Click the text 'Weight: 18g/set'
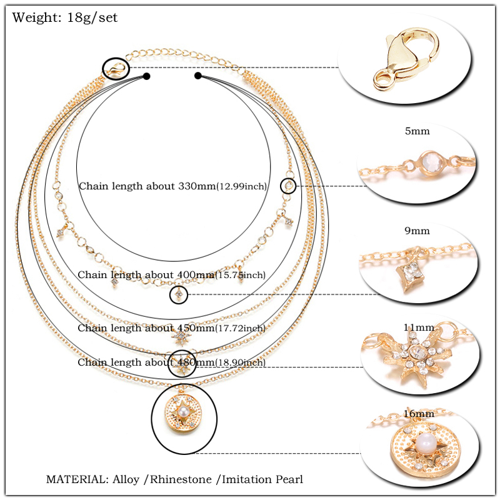[64, 17]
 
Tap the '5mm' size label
[417, 131]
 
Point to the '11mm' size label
[418, 327]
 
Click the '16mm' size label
[418, 413]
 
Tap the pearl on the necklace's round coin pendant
[184, 413]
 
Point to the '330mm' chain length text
[194, 186]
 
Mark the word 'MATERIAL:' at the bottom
[77, 479]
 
